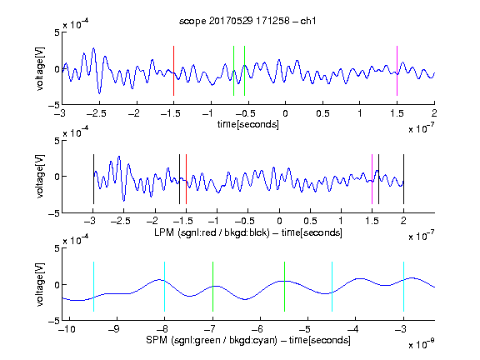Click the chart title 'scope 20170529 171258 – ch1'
pos(247,21)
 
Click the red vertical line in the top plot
pos(173,71)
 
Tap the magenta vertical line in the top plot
pos(397,71)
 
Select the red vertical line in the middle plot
pos(186,179)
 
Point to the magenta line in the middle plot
pos(372,179)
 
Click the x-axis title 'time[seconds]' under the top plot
pos(248,124)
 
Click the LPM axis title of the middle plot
pos(248,232)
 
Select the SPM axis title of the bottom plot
pos(248,340)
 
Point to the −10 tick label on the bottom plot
pos(67,329)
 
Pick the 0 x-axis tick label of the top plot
pos(285,113)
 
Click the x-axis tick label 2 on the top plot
pos(434,113)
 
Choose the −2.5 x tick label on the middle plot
pos(121,221)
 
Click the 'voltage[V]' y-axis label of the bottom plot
pos(40,284)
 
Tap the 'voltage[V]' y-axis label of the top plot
pos(40,69)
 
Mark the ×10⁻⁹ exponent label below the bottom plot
pos(421,344)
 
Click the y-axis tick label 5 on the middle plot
pos(57,141)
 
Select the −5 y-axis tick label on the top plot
pos(54,105)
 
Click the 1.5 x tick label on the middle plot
pos(372,221)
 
